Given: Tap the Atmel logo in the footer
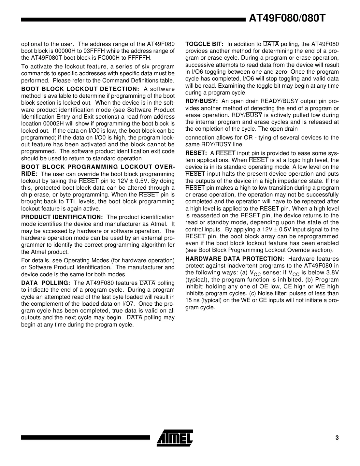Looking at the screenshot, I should (175, 437).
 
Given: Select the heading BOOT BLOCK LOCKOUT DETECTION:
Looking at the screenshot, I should (80, 89).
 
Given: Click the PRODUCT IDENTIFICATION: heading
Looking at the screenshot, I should (62, 217).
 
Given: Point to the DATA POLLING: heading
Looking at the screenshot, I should (46, 283).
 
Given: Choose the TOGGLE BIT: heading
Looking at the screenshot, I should (204, 44).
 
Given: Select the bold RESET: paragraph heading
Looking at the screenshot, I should (196, 153).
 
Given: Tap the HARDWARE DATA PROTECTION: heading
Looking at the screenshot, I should (235, 259).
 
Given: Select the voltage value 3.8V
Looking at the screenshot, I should (332, 272).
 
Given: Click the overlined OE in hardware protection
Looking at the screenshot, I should (264, 286).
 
